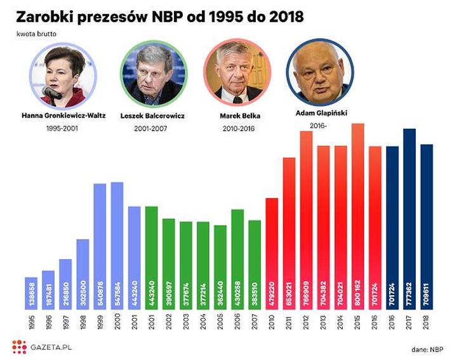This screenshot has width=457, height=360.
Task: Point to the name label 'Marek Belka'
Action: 240,116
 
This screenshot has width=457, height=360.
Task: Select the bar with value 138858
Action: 31,293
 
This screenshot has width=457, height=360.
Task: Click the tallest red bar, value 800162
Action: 357,216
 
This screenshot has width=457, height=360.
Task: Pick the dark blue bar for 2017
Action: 409,219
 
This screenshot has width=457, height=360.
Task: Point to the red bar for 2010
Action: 272,254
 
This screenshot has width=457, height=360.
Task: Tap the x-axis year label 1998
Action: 83,321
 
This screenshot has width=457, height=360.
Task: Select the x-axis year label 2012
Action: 306,321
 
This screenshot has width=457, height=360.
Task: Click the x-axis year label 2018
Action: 427,321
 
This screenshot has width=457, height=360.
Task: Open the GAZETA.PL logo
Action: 39,347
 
